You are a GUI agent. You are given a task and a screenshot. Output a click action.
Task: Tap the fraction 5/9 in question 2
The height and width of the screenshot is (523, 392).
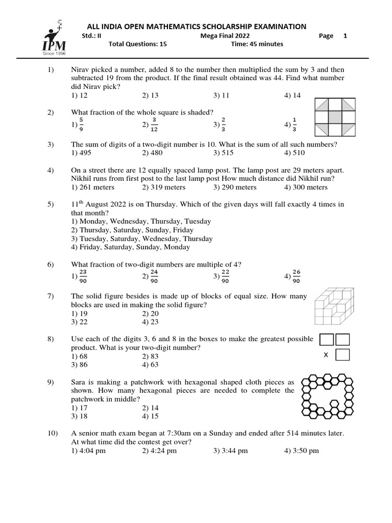[x=78, y=124]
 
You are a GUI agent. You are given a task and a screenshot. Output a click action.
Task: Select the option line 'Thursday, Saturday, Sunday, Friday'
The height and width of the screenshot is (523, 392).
[x=132, y=230]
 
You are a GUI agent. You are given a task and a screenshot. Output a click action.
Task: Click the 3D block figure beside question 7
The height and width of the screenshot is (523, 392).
[x=332, y=307]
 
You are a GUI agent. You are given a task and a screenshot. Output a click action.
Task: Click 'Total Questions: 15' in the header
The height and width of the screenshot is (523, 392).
[x=138, y=44]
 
